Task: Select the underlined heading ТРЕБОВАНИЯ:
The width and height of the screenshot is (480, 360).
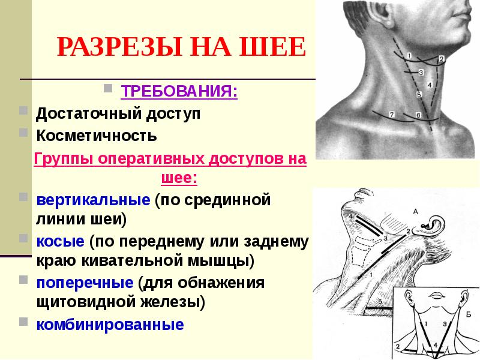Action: coord(179,92)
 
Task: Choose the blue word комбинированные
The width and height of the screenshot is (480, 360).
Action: coord(110,325)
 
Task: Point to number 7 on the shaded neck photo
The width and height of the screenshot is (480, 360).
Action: coord(391,114)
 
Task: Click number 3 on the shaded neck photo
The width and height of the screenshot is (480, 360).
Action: coord(421,73)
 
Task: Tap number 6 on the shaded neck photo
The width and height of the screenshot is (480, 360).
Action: coord(418,115)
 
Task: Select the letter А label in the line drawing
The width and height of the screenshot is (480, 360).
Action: coord(415,211)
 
